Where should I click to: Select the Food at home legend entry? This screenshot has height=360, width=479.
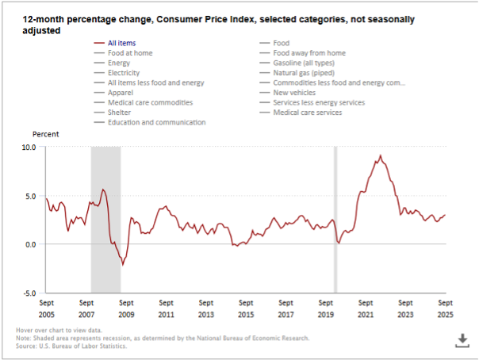130,53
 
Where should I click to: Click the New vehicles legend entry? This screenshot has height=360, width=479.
295,93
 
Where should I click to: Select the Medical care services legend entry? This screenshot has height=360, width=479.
307,113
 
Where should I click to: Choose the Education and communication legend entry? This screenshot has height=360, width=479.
156,123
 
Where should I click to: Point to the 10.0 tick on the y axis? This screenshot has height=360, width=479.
29,147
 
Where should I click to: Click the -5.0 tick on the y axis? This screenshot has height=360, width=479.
29,293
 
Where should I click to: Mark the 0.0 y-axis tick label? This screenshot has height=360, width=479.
30,244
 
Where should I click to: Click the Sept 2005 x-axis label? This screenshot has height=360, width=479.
46,308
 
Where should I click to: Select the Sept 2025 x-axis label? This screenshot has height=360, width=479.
445,308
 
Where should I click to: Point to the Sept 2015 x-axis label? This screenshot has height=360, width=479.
246,308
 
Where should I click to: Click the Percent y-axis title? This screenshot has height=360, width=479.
46,135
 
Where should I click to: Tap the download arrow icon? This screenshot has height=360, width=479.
462,339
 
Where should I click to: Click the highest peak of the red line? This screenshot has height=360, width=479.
381,156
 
